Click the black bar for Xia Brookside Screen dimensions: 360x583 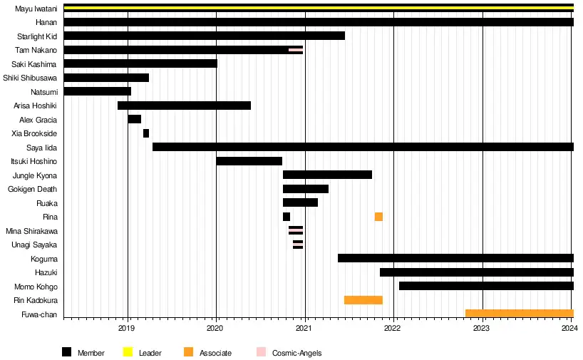click(146, 133)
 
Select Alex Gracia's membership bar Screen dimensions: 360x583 click(135, 119)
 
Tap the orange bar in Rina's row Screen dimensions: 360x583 click(378, 217)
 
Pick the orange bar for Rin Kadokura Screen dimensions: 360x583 click(363, 300)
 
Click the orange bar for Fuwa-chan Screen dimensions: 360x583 click(520, 314)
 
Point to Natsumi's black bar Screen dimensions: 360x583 click(98, 91)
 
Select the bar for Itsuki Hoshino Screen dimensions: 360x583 click(249, 161)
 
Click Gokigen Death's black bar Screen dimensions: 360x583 click(306, 189)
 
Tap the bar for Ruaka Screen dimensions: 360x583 click(300, 202)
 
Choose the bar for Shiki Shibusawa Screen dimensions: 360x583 click(106, 78)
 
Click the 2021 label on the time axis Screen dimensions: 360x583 click(304, 328)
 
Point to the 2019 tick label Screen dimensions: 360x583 click(127, 328)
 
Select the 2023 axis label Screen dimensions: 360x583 click(482, 328)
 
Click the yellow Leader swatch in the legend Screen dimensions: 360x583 click(128, 352)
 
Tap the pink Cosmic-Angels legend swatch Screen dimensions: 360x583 click(261, 352)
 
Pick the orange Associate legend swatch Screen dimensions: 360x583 click(188, 352)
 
